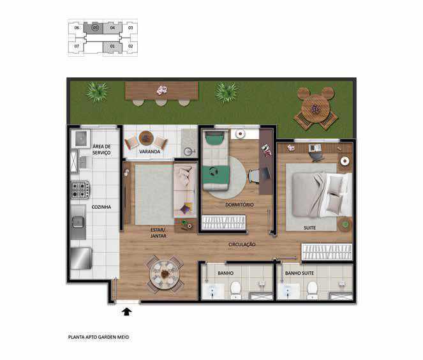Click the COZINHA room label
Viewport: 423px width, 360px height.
pyautogui.click(x=101, y=207)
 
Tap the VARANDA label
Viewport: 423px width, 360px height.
pyautogui.click(x=150, y=152)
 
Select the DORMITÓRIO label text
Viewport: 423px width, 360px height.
pyautogui.click(x=239, y=204)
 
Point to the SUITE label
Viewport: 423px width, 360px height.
pyautogui.click(x=309, y=228)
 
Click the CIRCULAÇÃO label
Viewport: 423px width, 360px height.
pyautogui.click(x=242, y=244)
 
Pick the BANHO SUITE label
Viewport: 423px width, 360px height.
pyautogui.click(x=299, y=273)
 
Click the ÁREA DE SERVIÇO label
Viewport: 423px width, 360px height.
pyautogui.click(x=101, y=149)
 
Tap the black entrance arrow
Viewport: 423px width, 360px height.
pyautogui.click(x=126, y=312)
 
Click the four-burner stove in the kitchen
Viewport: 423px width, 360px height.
pyautogui.click(x=80, y=190)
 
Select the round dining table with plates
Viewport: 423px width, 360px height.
pyautogui.click(x=165, y=274)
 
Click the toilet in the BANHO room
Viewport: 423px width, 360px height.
pyautogui.click(x=235, y=290)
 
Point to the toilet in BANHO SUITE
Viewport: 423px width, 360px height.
pyautogui.click(x=312, y=290)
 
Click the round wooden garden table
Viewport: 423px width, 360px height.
pyautogui.click(x=316, y=108)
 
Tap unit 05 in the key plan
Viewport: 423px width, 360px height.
pyautogui.click(x=94, y=28)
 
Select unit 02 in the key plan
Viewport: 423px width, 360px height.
pyautogui.click(x=131, y=46)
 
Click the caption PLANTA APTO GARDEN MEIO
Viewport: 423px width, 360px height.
pyautogui.click(x=98, y=337)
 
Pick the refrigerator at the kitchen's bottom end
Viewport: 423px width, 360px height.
pyautogui.click(x=81, y=259)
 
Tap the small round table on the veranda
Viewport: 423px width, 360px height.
pyautogui.click(x=146, y=138)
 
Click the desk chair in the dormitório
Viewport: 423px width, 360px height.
pyautogui.click(x=255, y=176)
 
